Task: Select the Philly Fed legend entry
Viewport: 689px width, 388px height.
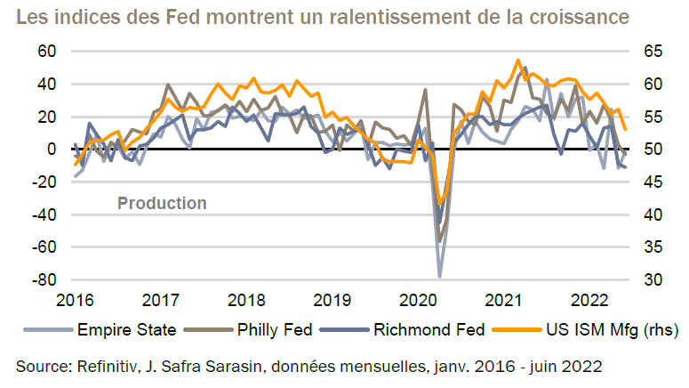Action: click(x=276, y=329)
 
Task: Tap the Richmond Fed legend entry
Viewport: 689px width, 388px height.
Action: click(x=431, y=329)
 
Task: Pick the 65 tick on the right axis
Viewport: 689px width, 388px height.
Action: click(x=652, y=51)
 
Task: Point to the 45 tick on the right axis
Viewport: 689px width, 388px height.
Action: click(x=652, y=182)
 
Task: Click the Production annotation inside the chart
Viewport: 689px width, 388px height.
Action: click(x=162, y=204)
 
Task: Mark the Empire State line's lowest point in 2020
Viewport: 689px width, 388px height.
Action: click(x=439, y=276)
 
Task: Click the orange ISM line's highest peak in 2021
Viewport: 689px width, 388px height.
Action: click(x=518, y=61)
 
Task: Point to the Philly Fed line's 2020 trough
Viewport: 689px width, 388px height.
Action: click(x=439, y=240)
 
